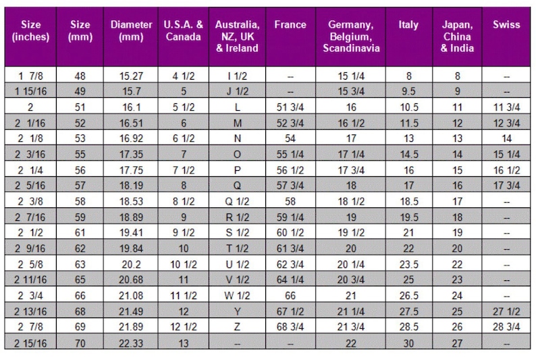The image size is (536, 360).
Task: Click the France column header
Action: [290, 24]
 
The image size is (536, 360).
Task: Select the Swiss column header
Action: [506, 24]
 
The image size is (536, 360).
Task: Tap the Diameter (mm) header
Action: [131, 30]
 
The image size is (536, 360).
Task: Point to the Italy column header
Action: [408, 25]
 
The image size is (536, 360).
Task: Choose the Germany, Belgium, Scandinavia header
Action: [351, 36]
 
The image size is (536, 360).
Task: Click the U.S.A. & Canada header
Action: [183, 30]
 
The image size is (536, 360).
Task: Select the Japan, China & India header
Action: [457, 36]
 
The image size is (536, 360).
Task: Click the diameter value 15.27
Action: [131, 76]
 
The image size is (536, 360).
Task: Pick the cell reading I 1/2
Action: [237, 76]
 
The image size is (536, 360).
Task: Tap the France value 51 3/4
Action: [290, 107]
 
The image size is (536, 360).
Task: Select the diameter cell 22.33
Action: [131, 343]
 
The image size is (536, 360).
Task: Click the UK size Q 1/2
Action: [237, 201]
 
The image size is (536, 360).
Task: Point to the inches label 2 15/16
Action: [30, 343]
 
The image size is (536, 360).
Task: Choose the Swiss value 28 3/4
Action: [506, 327]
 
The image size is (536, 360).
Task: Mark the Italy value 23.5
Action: [409, 264]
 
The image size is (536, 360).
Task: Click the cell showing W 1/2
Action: [237, 295]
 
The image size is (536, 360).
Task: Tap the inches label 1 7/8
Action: [30, 76]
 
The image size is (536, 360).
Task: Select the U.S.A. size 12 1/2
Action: [184, 327]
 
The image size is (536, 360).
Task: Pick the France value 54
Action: [290, 138]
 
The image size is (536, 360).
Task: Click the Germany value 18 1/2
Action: [351, 201]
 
